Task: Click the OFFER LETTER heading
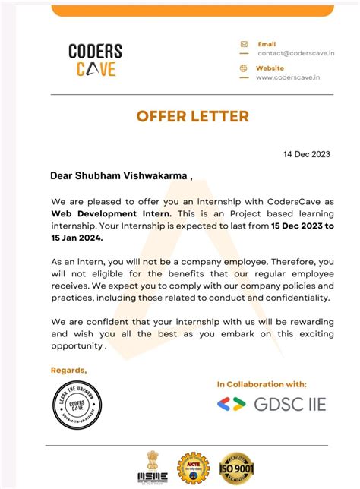[x=192, y=116]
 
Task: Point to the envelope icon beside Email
[x=244, y=44]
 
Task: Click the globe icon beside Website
[x=244, y=68]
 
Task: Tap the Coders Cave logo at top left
[x=95, y=59]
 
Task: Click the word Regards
[x=68, y=370]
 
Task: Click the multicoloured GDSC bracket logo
[x=231, y=404]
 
